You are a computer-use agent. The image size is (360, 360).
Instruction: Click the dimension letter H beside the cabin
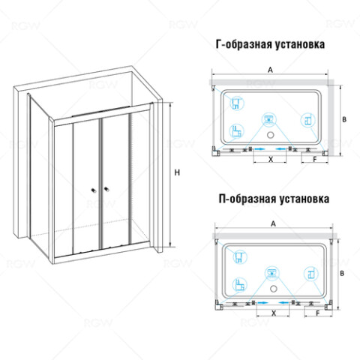tap(177, 172)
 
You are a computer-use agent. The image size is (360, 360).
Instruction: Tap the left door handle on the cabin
tap(94, 190)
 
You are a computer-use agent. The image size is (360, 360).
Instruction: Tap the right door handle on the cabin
tap(106, 189)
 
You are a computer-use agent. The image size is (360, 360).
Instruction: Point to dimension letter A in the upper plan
tap(270, 70)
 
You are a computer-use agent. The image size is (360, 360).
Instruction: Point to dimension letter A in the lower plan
tap(274, 223)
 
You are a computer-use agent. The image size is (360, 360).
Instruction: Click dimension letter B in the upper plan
tap(344, 119)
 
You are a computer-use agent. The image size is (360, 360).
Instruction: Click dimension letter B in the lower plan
tap(342, 273)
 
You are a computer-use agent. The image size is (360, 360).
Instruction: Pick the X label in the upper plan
tap(271, 159)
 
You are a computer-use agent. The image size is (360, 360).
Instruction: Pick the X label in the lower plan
tap(274, 313)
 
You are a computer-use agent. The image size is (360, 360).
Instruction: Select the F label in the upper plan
tap(315, 159)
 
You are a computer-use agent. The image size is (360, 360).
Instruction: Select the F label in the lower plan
tap(318, 313)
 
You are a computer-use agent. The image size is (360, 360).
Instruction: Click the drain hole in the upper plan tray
tap(270, 135)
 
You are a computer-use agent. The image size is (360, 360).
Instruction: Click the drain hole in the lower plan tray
tap(274, 289)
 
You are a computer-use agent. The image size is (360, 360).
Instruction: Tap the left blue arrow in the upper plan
tap(259, 149)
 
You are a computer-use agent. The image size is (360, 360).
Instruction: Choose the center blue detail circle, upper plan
tap(269, 119)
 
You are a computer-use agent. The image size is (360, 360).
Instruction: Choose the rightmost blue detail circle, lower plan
tap(311, 274)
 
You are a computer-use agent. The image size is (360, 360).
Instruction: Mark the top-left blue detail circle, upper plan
tap(237, 103)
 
